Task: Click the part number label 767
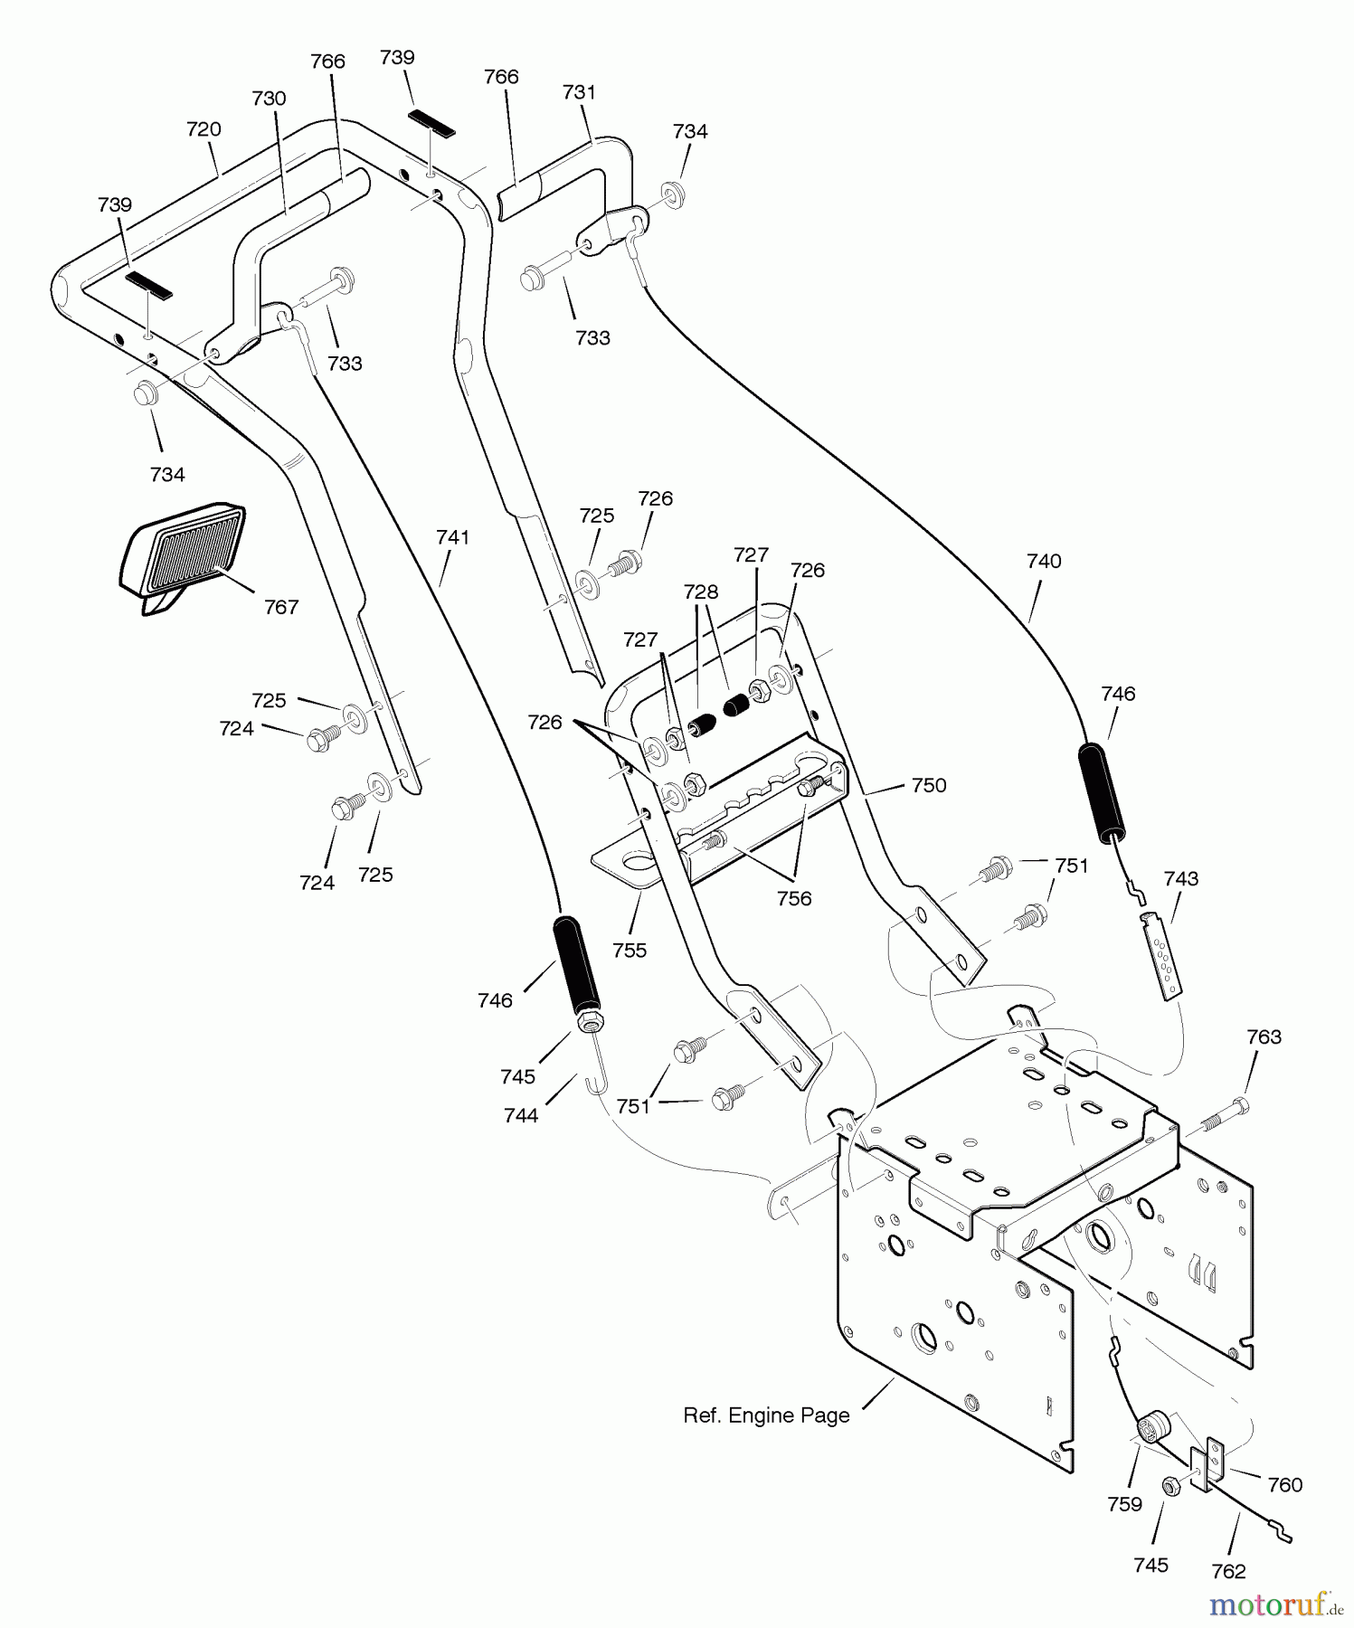click(x=280, y=607)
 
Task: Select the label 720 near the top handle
click(x=204, y=129)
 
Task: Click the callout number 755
click(x=629, y=950)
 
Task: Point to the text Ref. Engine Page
click(x=766, y=1415)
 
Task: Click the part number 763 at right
click(x=1264, y=1036)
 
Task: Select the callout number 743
click(x=1180, y=878)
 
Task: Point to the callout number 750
click(x=928, y=785)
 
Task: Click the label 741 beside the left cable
click(x=452, y=537)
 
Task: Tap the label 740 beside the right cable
click(x=1043, y=561)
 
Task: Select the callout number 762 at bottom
click(x=1227, y=1572)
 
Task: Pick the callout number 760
click(x=1284, y=1485)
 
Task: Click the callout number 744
click(x=521, y=1115)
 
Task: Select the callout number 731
click(x=579, y=92)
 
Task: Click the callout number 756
click(x=793, y=898)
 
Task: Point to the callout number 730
click(x=269, y=98)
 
